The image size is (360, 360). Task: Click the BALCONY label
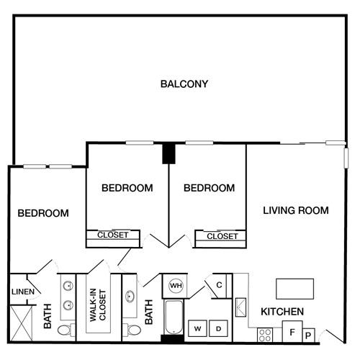[184, 84]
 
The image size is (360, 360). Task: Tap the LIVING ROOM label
[295, 211]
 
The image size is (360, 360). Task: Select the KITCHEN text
[282, 312]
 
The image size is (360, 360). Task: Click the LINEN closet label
[23, 292]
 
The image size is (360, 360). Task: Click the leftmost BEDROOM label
[43, 214]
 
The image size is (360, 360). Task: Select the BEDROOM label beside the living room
[209, 189]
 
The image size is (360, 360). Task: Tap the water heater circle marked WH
[175, 286]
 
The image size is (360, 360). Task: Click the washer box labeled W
[197, 329]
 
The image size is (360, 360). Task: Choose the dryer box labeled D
[219, 329]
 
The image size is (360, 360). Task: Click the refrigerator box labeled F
[292, 332]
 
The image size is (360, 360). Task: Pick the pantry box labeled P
[308, 335]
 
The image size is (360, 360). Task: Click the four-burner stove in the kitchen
[265, 335]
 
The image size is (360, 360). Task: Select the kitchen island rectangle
[295, 289]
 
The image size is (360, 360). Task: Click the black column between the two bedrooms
[168, 154]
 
